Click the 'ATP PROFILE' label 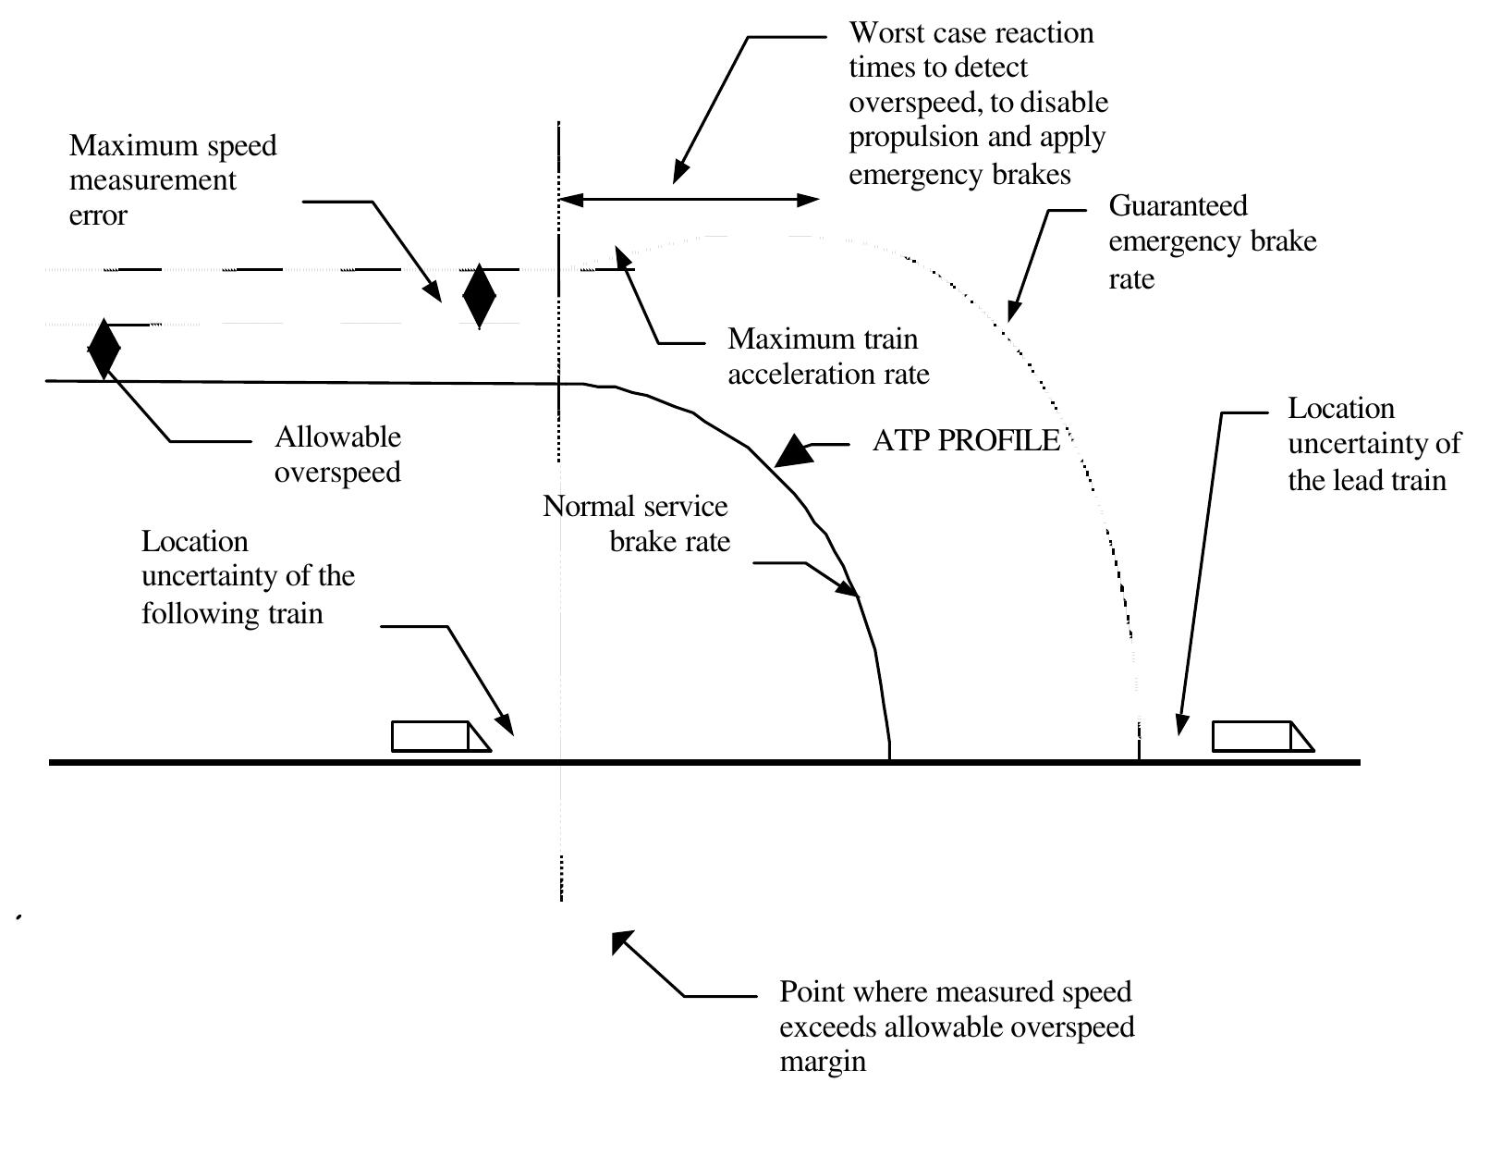click(x=966, y=441)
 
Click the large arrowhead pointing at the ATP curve click(x=793, y=452)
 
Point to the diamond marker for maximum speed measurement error click(x=479, y=296)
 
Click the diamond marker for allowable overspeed click(x=104, y=350)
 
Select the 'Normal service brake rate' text click(x=637, y=523)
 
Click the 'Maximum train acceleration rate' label click(x=827, y=356)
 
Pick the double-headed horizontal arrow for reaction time click(x=689, y=200)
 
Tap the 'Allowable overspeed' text click(x=337, y=454)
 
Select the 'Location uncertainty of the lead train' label click(x=1373, y=444)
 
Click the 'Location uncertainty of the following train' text click(x=247, y=577)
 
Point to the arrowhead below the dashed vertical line click(x=621, y=941)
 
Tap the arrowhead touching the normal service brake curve click(x=849, y=588)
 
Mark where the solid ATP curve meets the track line click(x=889, y=760)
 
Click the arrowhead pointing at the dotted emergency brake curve click(x=1013, y=312)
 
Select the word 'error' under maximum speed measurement click(x=98, y=215)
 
